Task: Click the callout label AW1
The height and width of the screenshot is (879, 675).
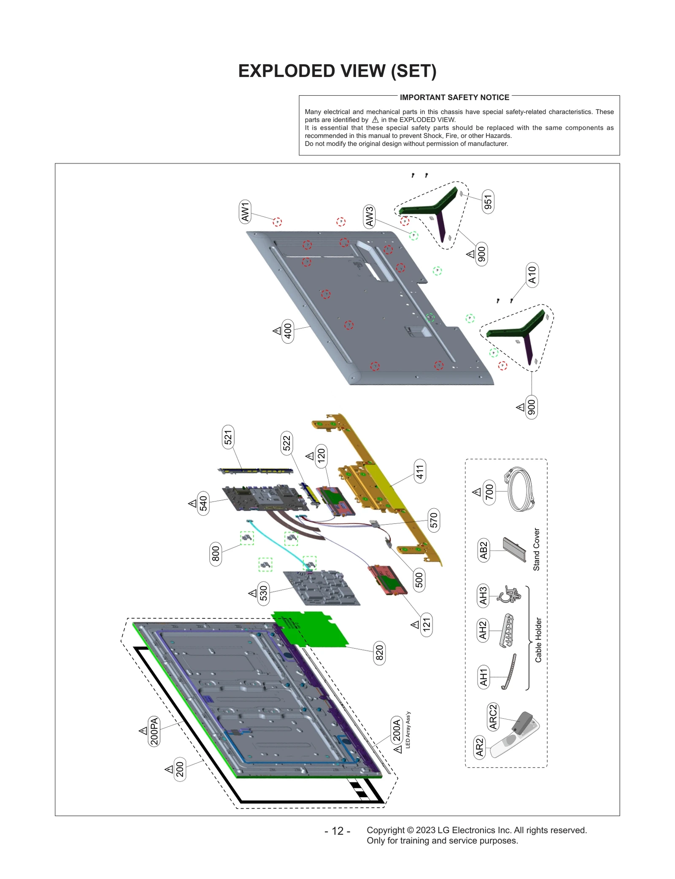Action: [x=245, y=211]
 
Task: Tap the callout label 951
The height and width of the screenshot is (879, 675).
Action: [x=488, y=202]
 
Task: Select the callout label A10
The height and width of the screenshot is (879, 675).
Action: [x=532, y=275]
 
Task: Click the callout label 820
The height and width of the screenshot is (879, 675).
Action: [x=379, y=652]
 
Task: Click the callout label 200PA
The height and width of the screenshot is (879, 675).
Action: [x=154, y=731]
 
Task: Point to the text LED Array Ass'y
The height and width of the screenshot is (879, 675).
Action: [x=408, y=730]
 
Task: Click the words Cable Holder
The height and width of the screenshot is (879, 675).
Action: [x=538, y=640]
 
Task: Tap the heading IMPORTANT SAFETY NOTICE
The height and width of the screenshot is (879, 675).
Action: [x=454, y=97]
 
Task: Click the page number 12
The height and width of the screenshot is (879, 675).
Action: [x=337, y=831]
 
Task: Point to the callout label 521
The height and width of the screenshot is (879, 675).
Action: [x=228, y=437]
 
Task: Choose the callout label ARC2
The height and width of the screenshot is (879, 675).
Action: [x=493, y=717]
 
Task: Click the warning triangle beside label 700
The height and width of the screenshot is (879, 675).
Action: [x=477, y=492]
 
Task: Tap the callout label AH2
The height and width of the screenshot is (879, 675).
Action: [x=483, y=630]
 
